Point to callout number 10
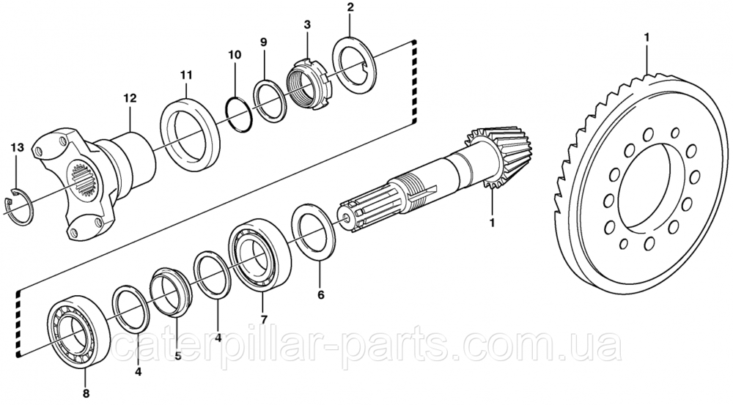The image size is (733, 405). pyautogui.click(x=234, y=55)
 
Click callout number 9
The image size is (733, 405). pyautogui.click(x=263, y=42)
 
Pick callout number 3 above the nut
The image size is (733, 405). pyautogui.click(x=307, y=26)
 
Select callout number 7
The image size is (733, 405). pyautogui.click(x=263, y=319)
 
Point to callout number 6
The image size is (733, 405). pyautogui.click(x=320, y=296)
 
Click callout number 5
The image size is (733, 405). pyautogui.click(x=177, y=358)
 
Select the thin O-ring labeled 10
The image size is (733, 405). pyautogui.click(x=237, y=113)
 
